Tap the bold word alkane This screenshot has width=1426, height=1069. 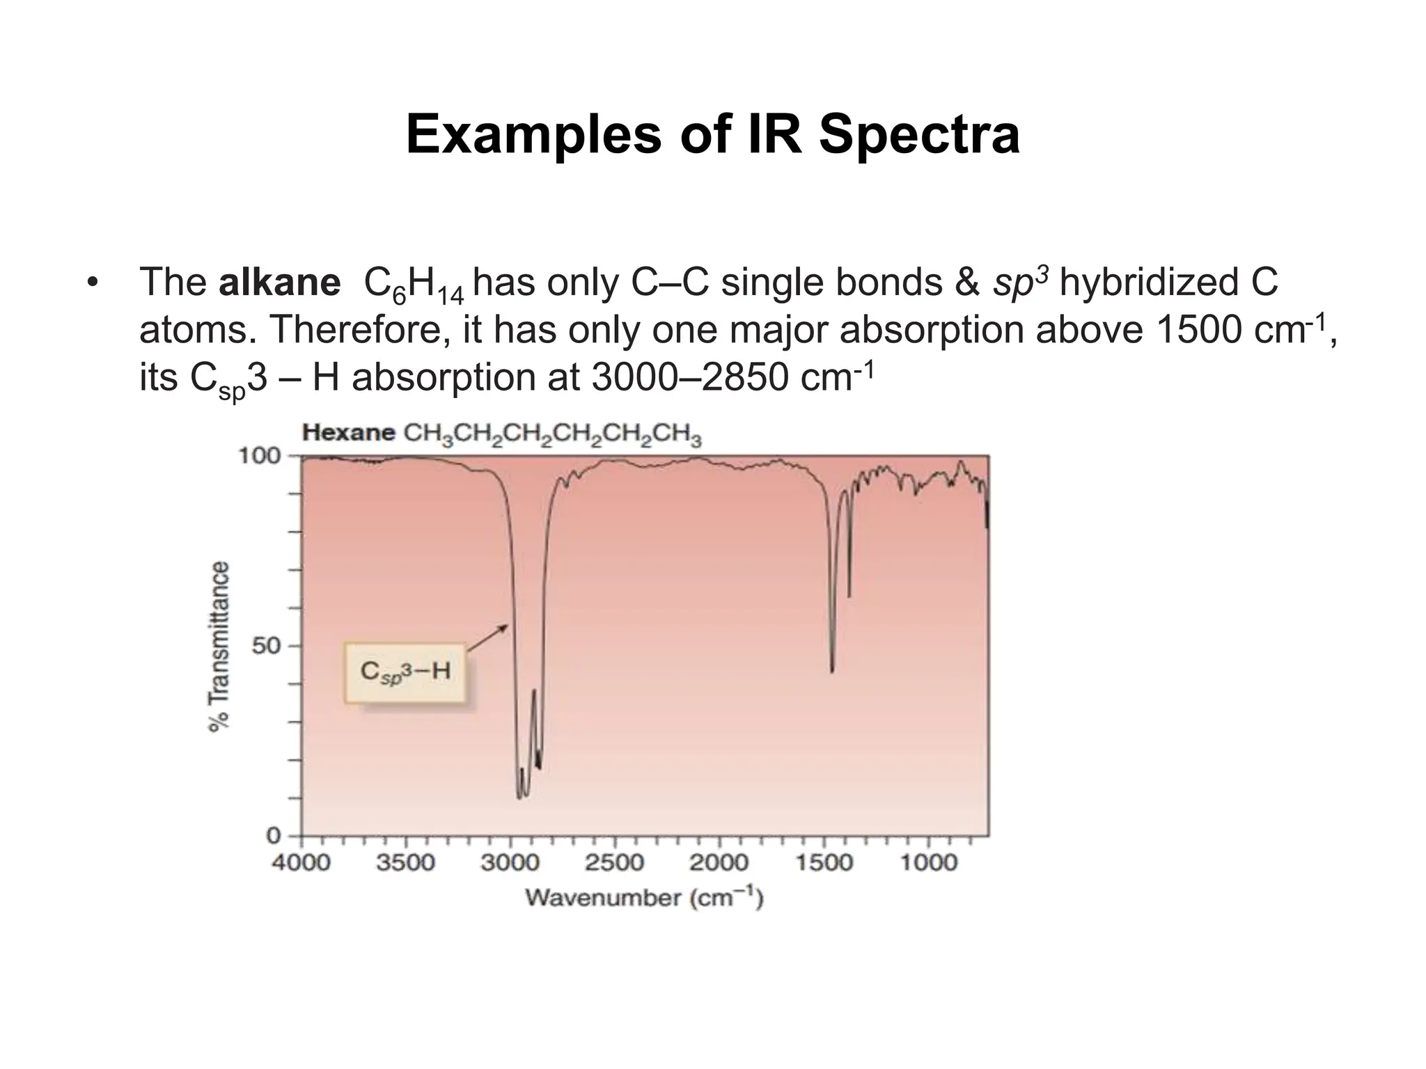279,283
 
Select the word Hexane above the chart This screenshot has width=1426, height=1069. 349,433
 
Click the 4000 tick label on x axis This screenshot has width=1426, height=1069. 301,863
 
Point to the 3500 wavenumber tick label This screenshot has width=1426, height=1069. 405,863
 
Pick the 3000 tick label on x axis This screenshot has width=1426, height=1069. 510,863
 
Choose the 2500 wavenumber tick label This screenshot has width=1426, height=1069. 614,863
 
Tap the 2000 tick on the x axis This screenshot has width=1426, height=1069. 719,863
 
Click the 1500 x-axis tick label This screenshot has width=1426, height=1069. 824,863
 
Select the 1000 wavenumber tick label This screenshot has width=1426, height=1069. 929,863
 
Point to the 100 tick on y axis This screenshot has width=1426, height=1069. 259,457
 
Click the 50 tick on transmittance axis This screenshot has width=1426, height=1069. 266,646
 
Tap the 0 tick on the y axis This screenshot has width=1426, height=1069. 274,835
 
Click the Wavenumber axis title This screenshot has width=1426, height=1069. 644,898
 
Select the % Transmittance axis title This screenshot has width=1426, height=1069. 219,646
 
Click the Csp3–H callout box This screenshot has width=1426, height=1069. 405,672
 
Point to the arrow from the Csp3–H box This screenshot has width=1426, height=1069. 487,638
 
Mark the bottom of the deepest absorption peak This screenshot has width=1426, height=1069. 519,798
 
